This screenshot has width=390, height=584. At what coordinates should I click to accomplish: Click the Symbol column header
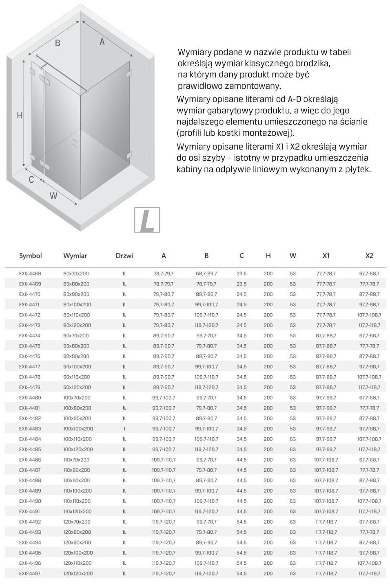click(30, 256)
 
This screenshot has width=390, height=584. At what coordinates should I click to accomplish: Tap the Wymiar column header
click(75, 256)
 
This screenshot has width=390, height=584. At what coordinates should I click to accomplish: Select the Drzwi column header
click(124, 256)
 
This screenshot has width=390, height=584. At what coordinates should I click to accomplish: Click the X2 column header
click(369, 256)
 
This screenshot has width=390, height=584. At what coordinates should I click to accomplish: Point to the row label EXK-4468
click(30, 274)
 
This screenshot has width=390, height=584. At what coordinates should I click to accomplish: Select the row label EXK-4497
click(30, 573)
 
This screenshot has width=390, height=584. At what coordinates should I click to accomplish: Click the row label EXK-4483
click(30, 429)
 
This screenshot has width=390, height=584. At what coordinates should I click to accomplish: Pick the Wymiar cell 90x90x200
click(77, 356)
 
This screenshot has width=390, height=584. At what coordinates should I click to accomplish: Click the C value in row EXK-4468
click(242, 274)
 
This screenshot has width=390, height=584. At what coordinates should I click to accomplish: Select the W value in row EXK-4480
click(293, 398)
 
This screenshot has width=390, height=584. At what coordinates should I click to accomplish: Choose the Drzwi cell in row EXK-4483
click(124, 429)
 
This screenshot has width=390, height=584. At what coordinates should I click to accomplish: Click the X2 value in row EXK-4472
click(369, 315)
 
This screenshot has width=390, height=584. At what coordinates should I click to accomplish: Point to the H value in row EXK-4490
click(268, 501)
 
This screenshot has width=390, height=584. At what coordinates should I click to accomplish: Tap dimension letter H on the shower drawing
click(19, 116)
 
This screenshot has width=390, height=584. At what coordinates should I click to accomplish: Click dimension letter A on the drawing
click(102, 42)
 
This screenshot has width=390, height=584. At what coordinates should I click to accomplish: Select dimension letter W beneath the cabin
click(53, 196)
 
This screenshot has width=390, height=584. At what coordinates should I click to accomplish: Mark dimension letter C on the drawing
click(31, 179)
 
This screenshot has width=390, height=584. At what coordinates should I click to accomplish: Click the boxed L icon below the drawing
click(147, 220)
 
